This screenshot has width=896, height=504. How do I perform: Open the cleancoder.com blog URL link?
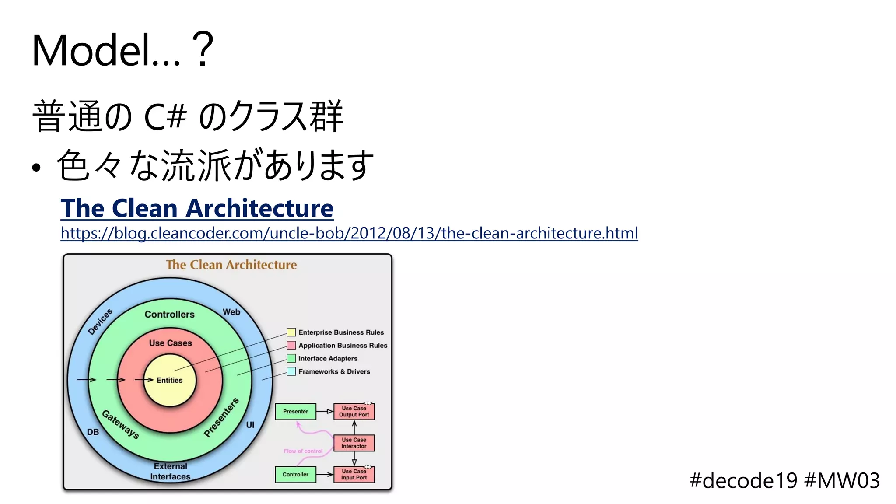coord(349,233)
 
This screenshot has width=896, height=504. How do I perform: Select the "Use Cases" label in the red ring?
coord(170,343)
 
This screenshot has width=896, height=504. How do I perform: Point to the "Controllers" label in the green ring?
coord(169,314)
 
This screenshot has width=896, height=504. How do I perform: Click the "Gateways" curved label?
coord(120,424)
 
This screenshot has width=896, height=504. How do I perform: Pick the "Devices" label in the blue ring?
coord(100,322)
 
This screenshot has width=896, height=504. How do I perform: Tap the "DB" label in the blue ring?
coord(93,432)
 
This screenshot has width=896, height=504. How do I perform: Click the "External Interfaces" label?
coord(170,471)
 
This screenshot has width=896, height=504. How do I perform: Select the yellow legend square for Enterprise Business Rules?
coord(291,332)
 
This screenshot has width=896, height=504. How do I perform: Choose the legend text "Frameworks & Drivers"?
coord(334,371)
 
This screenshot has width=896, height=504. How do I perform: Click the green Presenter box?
coord(295,411)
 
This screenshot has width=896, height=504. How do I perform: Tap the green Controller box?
coord(295,474)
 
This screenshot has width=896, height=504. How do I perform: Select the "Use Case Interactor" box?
coord(354,443)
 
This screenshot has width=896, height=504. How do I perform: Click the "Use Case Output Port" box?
coord(354,411)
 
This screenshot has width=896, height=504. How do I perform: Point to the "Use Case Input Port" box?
coord(354,474)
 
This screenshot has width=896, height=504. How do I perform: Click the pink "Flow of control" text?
coord(303,451)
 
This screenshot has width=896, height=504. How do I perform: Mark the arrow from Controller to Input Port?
coord(325,474)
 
